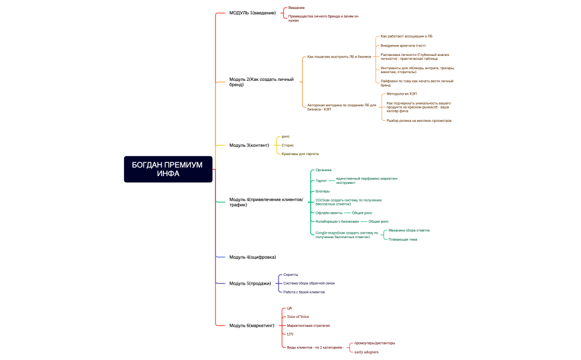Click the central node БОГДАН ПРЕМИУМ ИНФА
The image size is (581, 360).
click(168, 169)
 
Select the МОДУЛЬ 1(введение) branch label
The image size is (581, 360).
click(253, 13)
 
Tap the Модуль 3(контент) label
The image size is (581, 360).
click(249, 145)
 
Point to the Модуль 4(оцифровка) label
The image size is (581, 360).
click(253, 257)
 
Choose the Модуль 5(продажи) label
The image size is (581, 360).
click(250, 284)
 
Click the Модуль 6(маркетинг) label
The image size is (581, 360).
click(252, 325)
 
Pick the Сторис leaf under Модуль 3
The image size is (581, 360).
click(287, 145)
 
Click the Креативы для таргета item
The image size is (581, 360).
click(300, 153)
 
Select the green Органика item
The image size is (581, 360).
click(323, 170)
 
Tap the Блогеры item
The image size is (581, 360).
click(322, 191)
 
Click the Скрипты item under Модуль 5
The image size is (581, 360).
click(291, 275)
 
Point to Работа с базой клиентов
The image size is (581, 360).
click(304, 292)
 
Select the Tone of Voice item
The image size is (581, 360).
click(298, 317)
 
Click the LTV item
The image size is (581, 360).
click(290, 335)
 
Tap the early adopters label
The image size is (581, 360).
click(367, 352)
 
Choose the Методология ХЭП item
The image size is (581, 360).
click(402, 94)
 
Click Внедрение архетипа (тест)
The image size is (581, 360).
click(403, 45)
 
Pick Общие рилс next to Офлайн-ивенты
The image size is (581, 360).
click(362, 213)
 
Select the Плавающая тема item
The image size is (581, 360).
click(403, 239)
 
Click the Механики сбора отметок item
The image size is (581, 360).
click(409, 230)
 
